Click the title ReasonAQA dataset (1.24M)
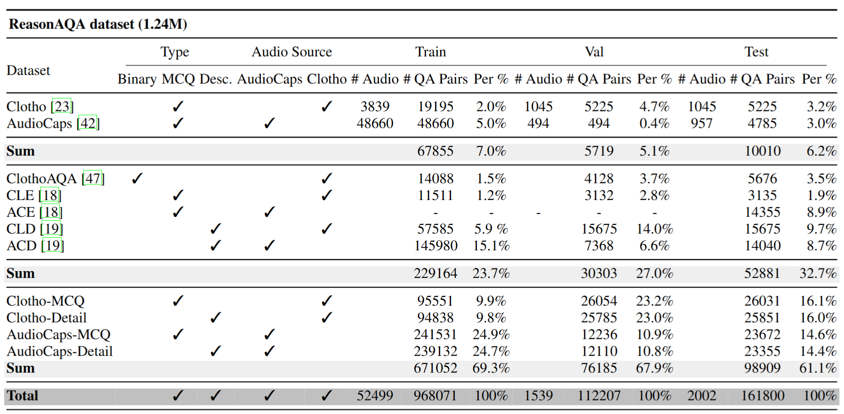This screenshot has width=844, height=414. [x=98, y=24]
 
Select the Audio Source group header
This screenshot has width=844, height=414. [x=292, y=52]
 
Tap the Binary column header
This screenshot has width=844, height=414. [x=137, y=79]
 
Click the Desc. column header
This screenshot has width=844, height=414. [x=216, y=79]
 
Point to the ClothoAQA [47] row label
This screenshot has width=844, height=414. [x=55, y=179]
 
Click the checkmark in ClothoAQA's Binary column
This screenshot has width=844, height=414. [x=137, y=178]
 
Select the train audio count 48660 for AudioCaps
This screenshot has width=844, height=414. [x=375, y=123]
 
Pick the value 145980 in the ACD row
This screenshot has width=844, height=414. [x=436, y=246]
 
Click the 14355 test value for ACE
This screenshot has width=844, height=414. [x=762, y=212]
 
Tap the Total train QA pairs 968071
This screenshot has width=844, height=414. [x=435, y=396]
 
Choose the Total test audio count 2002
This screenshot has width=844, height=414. [x=702, y=396]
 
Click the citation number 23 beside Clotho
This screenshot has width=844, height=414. [x=62, y=107]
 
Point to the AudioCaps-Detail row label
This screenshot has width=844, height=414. [x=59, y=351]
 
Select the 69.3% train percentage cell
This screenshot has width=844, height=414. [x=491, y=368]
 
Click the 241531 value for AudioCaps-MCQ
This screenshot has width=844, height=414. [x=436, y=335]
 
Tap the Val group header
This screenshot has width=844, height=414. [x=594, y=52]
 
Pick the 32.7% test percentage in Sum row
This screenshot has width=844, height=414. [x=818, y=273]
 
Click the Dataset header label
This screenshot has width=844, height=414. [x=28, y=70]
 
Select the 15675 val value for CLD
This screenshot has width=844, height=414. [x=599, y=229]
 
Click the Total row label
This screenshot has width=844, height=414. [x=22, y=396]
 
